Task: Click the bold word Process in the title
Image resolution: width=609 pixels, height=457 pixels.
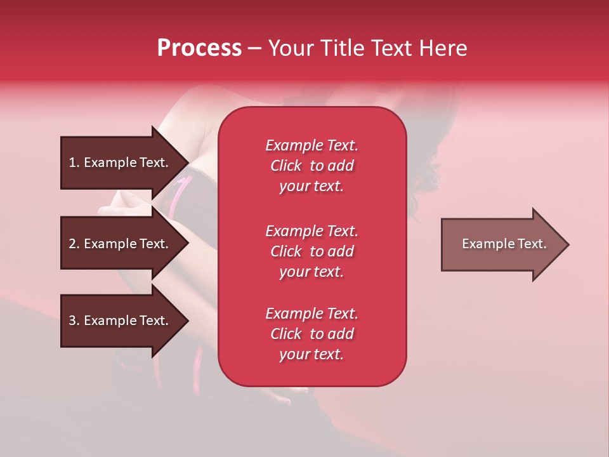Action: pyautogui.click(x=199, y=48)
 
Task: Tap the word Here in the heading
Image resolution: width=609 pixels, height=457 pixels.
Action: pyautogui.click(x=442, y=48)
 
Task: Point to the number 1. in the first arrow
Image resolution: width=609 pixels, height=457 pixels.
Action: pyautogui.click(x=74, y=162)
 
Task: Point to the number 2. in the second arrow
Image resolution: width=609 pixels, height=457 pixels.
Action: pyautogui.click(x=74, y=244)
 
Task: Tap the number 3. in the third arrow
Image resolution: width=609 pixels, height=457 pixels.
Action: pyautogui.click(x=74, y=321)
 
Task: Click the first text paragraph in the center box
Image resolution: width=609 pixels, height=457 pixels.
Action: pyautogui.click(x=311, y=166)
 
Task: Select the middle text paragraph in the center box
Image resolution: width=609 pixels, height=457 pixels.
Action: pyautogui.click(x=311, y=251)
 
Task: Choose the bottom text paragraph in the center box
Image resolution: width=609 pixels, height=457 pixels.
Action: pyautogui.click(x=311, y=334)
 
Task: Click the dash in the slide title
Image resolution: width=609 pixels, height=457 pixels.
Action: pyautogui.click(x=254, y=49)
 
